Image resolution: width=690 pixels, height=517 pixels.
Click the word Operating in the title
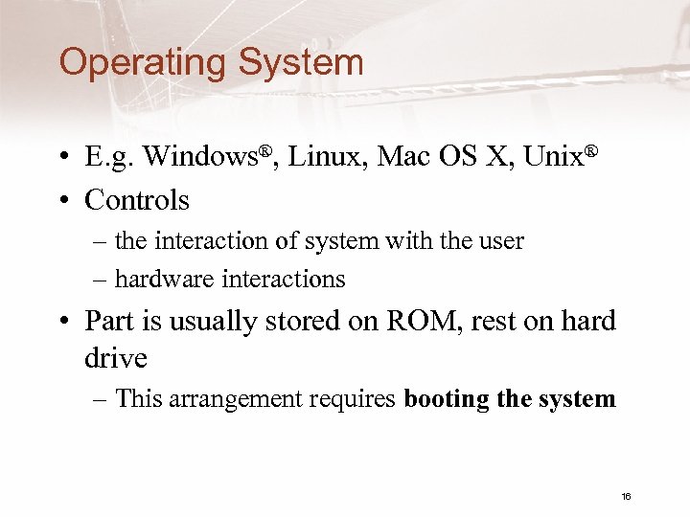[x=143, y=64]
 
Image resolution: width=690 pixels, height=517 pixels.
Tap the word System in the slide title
[x=301, y=63]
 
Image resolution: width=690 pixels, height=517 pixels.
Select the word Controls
[x=137, y=200]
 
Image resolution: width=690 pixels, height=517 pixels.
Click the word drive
[x=116, y=359]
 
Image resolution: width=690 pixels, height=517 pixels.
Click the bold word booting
[x=448, y=399]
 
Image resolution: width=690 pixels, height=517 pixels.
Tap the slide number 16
[x=626, y=496]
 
